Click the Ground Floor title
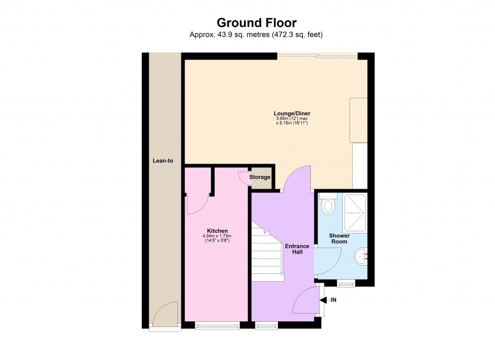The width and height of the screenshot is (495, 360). pyautogui.click(x=256, y=23)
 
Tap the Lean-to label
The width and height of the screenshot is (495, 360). pyautogui.click(x=163, y=161)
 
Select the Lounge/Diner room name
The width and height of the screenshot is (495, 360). pyautogui.click(x=292, y=114)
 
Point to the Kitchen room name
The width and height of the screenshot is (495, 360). pyautogui.click(x=217, y=231)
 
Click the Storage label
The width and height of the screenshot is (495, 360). pyautogui.click(x=260, y=177)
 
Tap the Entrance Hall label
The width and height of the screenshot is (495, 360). pyautogui.click(x=297, y=249)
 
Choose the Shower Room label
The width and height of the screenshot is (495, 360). pyautogui.click(x=339, y=239)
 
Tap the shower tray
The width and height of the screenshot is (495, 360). pyautogui.click(x=355, y=213)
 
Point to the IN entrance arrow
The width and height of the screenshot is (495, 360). pyautogui.click(x=323, y=300)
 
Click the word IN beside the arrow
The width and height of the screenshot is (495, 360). pyautogui.click(x=334, y=300)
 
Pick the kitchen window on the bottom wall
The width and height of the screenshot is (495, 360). pyautogui.click(x=217, y=326)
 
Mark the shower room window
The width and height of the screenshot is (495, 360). pyautogui.click(x=346, y=284)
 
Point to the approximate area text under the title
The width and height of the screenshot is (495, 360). pyautogui.click(x=256, y=34)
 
